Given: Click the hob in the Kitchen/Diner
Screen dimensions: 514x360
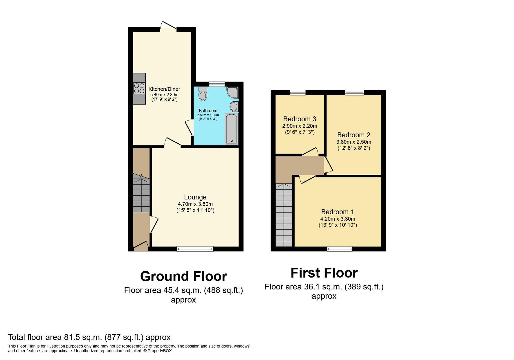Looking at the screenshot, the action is pyautogui.click(x=139, y=88).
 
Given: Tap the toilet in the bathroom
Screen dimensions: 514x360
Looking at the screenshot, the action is pyautogui.click(x=203, y=94).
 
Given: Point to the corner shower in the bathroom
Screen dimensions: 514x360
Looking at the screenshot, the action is pyautogui.click(x=233, y=92).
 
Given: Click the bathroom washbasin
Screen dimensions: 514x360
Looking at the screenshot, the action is pyautogui.click(x=234, y=107).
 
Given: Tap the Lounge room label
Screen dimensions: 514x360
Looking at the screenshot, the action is pyautogui.click(x=195, y=197).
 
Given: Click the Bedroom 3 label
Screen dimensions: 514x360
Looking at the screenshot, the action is pyautogui.click(x=300, y=119).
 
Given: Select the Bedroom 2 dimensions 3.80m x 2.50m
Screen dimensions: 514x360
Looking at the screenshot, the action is pyautogui.click(x=354, y=142).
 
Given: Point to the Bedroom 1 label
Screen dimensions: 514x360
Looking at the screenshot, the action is pyautogui.click(x=338, y=212).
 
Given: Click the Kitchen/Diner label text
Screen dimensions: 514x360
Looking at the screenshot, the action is pyautogui.click(x=164, y=89).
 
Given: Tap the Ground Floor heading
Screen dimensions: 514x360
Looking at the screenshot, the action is pyautogui.click(x=183, y=276).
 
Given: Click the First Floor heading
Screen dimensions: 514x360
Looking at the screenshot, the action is pyautogui.click(x=324, y=273).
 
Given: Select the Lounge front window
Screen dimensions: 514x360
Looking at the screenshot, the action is pyautogui.click(x=195, y=249).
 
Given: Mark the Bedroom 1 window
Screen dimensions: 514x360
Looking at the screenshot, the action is pyautogui.click(x=340, y=249).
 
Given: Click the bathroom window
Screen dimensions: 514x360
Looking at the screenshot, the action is pyautogui.click(x=217, y=84).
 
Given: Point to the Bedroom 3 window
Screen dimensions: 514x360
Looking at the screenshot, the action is pyautogui.click(x=297, y=93).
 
